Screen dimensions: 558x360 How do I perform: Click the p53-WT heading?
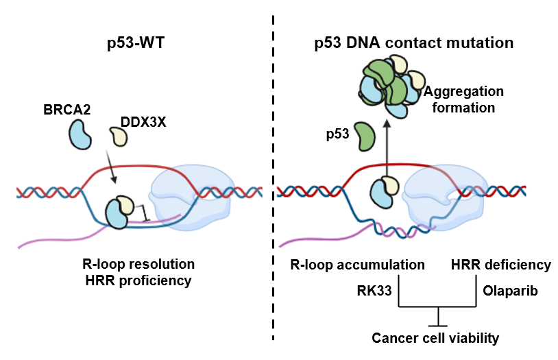pos(136,43)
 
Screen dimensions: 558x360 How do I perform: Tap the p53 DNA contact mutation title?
pos(414,43)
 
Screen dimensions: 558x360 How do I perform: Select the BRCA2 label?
pos(67,110)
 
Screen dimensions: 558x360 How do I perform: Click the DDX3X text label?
pos(143,122)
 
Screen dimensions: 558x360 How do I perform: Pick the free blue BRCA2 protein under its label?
pos(80,134)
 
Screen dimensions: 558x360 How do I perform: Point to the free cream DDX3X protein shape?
pos(119,136)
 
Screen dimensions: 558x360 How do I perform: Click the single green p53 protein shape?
pos(365,136)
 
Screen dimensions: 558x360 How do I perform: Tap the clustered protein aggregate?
pos(391,86)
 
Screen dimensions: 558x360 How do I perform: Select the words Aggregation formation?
pos(463,99)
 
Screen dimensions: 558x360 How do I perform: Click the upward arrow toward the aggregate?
pos(387,149)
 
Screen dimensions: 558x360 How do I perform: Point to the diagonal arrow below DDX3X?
pos(110,167)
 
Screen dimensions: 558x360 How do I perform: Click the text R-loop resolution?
pos(138,264)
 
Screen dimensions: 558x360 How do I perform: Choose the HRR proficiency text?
pos(138,280)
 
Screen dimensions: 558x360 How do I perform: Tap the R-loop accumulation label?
pos(357,265)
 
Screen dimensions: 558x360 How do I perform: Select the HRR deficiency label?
pos(501,265)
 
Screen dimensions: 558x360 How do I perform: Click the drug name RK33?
pos(374,291)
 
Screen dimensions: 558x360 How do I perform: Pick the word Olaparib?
pos(510,291)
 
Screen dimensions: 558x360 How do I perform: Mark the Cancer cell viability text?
pos(435,338)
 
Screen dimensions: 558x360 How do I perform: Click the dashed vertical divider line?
pos(273,178)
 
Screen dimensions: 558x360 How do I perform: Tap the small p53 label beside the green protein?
pos(338,134)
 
